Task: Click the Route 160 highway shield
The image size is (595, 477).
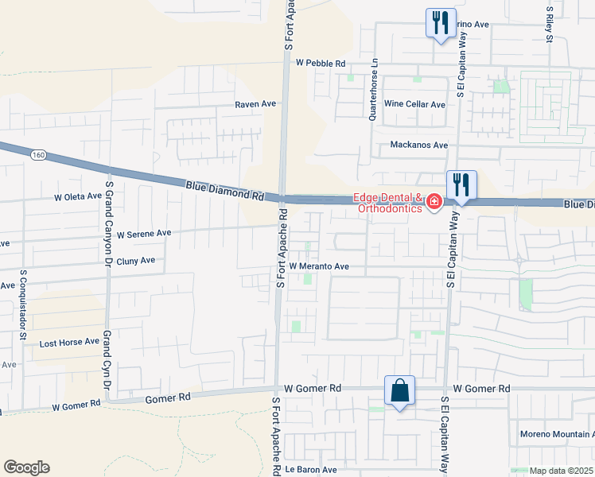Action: point(38,154)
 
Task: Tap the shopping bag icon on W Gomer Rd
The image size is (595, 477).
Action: point(399,391)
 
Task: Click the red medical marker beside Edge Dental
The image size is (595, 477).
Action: point(434,203)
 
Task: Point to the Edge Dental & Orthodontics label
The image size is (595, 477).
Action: point(389,204)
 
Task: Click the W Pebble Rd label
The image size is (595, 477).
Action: point(321,63)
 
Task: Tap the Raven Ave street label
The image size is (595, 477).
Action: point(255,104)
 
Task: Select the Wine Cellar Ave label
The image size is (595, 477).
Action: point(414,104)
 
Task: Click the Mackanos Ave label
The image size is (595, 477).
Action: point(418,145)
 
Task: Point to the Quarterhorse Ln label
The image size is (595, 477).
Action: point(372,93)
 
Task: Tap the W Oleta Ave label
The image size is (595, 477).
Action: point(78,196)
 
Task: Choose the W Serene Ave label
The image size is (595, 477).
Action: point(144,234)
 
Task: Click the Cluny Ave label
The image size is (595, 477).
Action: point(135,260)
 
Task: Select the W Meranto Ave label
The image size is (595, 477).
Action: point(319,266)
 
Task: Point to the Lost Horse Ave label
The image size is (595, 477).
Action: point(69,342)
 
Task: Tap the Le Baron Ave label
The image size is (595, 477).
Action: point(301,469)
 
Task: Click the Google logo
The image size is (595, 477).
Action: point(26,467)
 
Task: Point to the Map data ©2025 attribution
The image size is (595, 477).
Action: point(562,471)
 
